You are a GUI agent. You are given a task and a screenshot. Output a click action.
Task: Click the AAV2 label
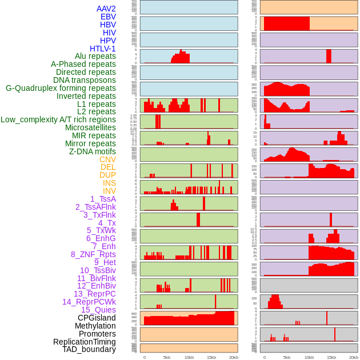click(106, 9)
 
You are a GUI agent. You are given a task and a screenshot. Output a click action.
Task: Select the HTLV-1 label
click(102, 49)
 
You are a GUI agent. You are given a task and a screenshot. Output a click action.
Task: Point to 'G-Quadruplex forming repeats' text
click(61, 89)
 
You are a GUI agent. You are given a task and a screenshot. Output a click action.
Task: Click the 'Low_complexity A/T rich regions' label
click(58, 120)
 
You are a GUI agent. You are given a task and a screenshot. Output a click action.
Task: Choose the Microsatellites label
click(90, 128)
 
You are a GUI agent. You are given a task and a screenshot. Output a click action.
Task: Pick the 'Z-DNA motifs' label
click(92, 152)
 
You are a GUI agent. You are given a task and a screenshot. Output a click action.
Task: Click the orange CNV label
click(107, 160)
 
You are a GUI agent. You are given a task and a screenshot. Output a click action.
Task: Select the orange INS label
click(109, 183)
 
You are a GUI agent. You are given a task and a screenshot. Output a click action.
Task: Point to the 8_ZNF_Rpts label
click(93, 254)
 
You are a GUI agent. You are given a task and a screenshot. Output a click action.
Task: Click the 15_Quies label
click(98, 310)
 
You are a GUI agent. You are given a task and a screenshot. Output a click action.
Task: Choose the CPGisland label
click(97, 318)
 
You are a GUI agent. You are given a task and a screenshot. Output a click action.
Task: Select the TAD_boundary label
click(89, 349)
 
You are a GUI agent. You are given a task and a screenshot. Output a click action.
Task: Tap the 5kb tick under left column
click(167, 357)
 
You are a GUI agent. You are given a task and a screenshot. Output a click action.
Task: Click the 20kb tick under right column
click(354, 357)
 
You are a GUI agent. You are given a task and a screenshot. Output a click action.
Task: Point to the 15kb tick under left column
click(211, 357)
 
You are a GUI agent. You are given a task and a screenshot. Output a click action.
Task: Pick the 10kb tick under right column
click(309, 357)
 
